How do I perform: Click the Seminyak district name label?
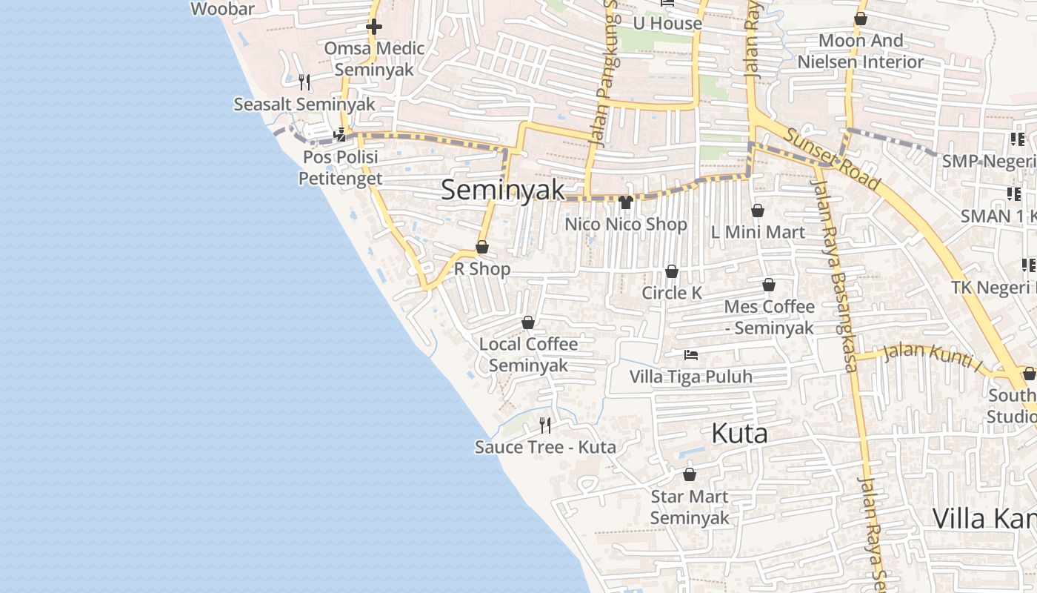coord(503,190)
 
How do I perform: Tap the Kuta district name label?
coord(739,434)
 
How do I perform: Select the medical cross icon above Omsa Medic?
coord(374,27)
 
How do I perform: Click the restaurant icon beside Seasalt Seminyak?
coord(304,82)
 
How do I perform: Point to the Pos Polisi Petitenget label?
coord(341,168)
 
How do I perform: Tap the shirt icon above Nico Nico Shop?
coord(626,202)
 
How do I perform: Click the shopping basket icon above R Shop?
coord(482,247)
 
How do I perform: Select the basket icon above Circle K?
coord(672,271)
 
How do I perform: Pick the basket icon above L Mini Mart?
coord(758,211)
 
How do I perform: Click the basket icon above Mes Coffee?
coord(769,285)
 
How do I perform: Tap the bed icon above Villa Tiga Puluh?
coord(691,355)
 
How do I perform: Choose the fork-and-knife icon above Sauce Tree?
coord(545,425)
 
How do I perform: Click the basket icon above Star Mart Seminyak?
coord(690,474)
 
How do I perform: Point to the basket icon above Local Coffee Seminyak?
coord(528,322)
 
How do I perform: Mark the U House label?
coord(667,23)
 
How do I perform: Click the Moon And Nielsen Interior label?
coord(861,51)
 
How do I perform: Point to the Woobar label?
coord(222,9)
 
